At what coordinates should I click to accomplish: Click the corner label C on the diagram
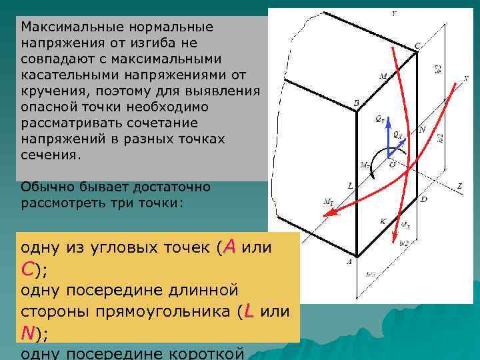[x=417, y=45]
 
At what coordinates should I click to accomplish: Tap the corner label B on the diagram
[x=356, y=103]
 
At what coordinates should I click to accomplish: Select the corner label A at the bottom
[x=348, y=261]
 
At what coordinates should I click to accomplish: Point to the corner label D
[x=424, y=199]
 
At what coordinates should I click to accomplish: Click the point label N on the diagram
[x=421, y=129]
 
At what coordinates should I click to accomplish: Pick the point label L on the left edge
[x=351, y=184]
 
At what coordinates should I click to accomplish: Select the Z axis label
[x=460, y=186]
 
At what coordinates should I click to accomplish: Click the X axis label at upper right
[x=465, y=78]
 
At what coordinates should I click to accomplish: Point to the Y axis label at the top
[x=393, y=13]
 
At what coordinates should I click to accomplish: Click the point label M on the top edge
[x=383, y=77]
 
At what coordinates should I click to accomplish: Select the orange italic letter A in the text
[x=230, y=247]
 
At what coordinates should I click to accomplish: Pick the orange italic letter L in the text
[x=248, y=311]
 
